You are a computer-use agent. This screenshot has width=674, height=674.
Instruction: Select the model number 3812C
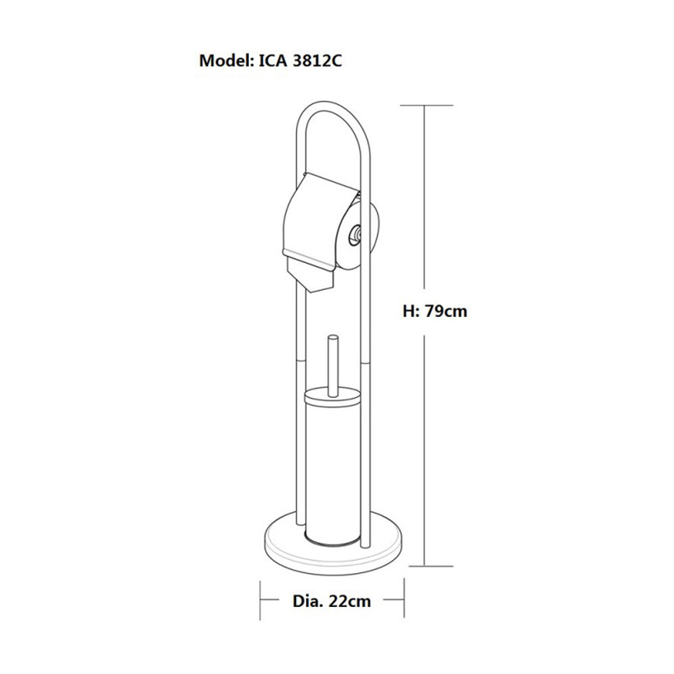click(317, 60)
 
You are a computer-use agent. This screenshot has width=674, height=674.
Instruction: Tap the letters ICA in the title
click(273, 60)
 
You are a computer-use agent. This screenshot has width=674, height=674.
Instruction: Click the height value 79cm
click(446, 311)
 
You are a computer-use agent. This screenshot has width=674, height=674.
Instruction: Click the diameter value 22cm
click(350, 601)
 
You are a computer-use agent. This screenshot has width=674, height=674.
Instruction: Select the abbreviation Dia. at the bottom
click(308, 601)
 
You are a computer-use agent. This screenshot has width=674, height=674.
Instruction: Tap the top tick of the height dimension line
click(427, 105)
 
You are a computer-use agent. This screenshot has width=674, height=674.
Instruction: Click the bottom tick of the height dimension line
click(427, 566)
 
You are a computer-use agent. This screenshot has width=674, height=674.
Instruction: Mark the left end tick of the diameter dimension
click(261, 600)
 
